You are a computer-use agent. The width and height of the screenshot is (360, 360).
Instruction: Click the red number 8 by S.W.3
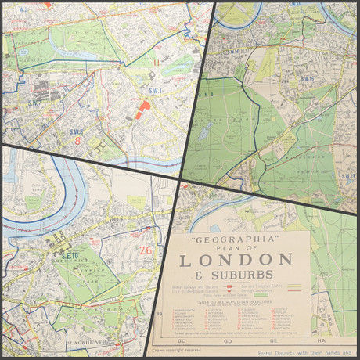point(78,142)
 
